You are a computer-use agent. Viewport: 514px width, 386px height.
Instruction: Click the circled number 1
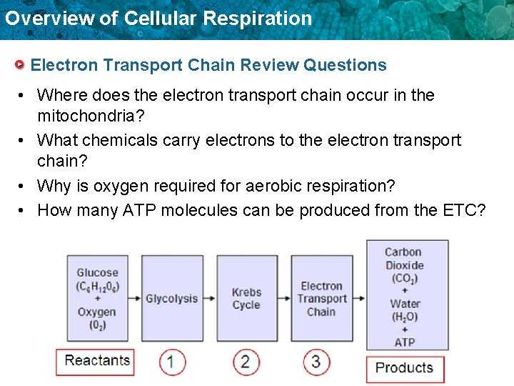tap(171, 362)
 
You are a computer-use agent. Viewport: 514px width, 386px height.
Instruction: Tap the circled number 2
tap(245, 362)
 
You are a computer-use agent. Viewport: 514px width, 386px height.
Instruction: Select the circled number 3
tap(316, 362)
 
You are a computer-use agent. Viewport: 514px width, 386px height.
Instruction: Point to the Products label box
tap(404, 368)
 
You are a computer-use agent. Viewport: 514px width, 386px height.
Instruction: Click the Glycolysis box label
tap(171, 299)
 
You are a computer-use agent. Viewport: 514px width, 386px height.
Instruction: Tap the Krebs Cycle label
tap(246, 299)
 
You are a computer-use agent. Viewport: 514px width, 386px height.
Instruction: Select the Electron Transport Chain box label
tap(321, 299)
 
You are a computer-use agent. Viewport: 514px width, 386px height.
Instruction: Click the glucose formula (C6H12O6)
tap(98, 286)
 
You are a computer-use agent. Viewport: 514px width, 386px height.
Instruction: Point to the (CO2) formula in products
tap(405, 278)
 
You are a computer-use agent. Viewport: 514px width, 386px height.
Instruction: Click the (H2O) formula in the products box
tap(405, 317)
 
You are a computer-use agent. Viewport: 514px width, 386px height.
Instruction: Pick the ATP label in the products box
tap(405, 342)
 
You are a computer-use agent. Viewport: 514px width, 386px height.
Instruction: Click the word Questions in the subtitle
tap(345, 65)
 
